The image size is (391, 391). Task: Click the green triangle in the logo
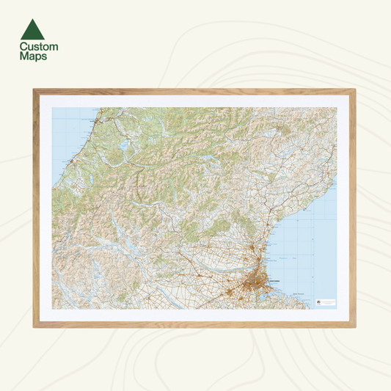[x=32, y=29]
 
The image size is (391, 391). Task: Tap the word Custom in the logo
[x=39, y=46]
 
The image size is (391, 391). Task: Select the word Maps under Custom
[x=33, y=56]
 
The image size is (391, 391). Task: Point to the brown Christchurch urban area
[x=257, y=279]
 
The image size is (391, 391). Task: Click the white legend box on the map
[x=326, y=302]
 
